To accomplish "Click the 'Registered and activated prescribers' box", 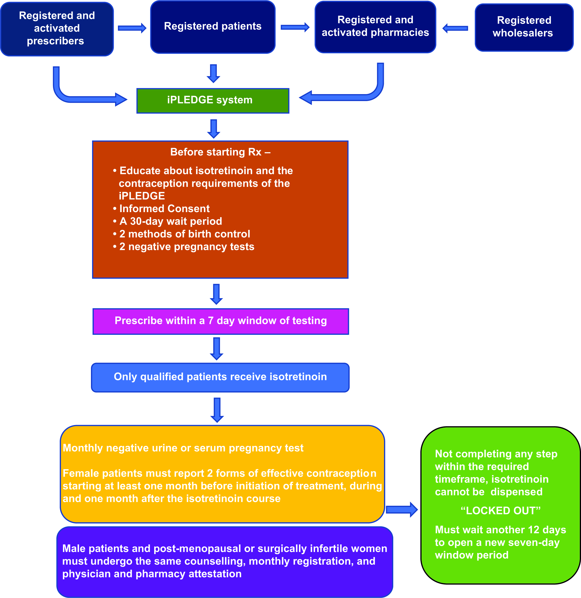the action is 57,29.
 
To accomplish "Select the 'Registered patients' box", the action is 213,27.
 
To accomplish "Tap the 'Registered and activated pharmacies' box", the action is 375,27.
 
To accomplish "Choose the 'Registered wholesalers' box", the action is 524,27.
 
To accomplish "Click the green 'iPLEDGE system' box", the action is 213,101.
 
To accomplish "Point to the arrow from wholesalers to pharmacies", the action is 455,28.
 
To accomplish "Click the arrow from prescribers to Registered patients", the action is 132,28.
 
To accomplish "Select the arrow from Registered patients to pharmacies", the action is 295,27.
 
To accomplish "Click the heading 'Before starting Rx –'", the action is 220,152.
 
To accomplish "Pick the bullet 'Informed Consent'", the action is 161,208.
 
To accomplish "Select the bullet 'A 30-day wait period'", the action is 167,221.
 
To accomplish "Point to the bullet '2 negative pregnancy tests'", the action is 183,247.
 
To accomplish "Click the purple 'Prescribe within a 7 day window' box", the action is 221,321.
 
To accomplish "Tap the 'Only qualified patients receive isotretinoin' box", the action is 220,378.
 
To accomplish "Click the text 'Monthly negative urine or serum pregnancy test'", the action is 183,448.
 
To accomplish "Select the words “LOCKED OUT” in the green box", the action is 501,510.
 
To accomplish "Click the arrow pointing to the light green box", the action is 402,509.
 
